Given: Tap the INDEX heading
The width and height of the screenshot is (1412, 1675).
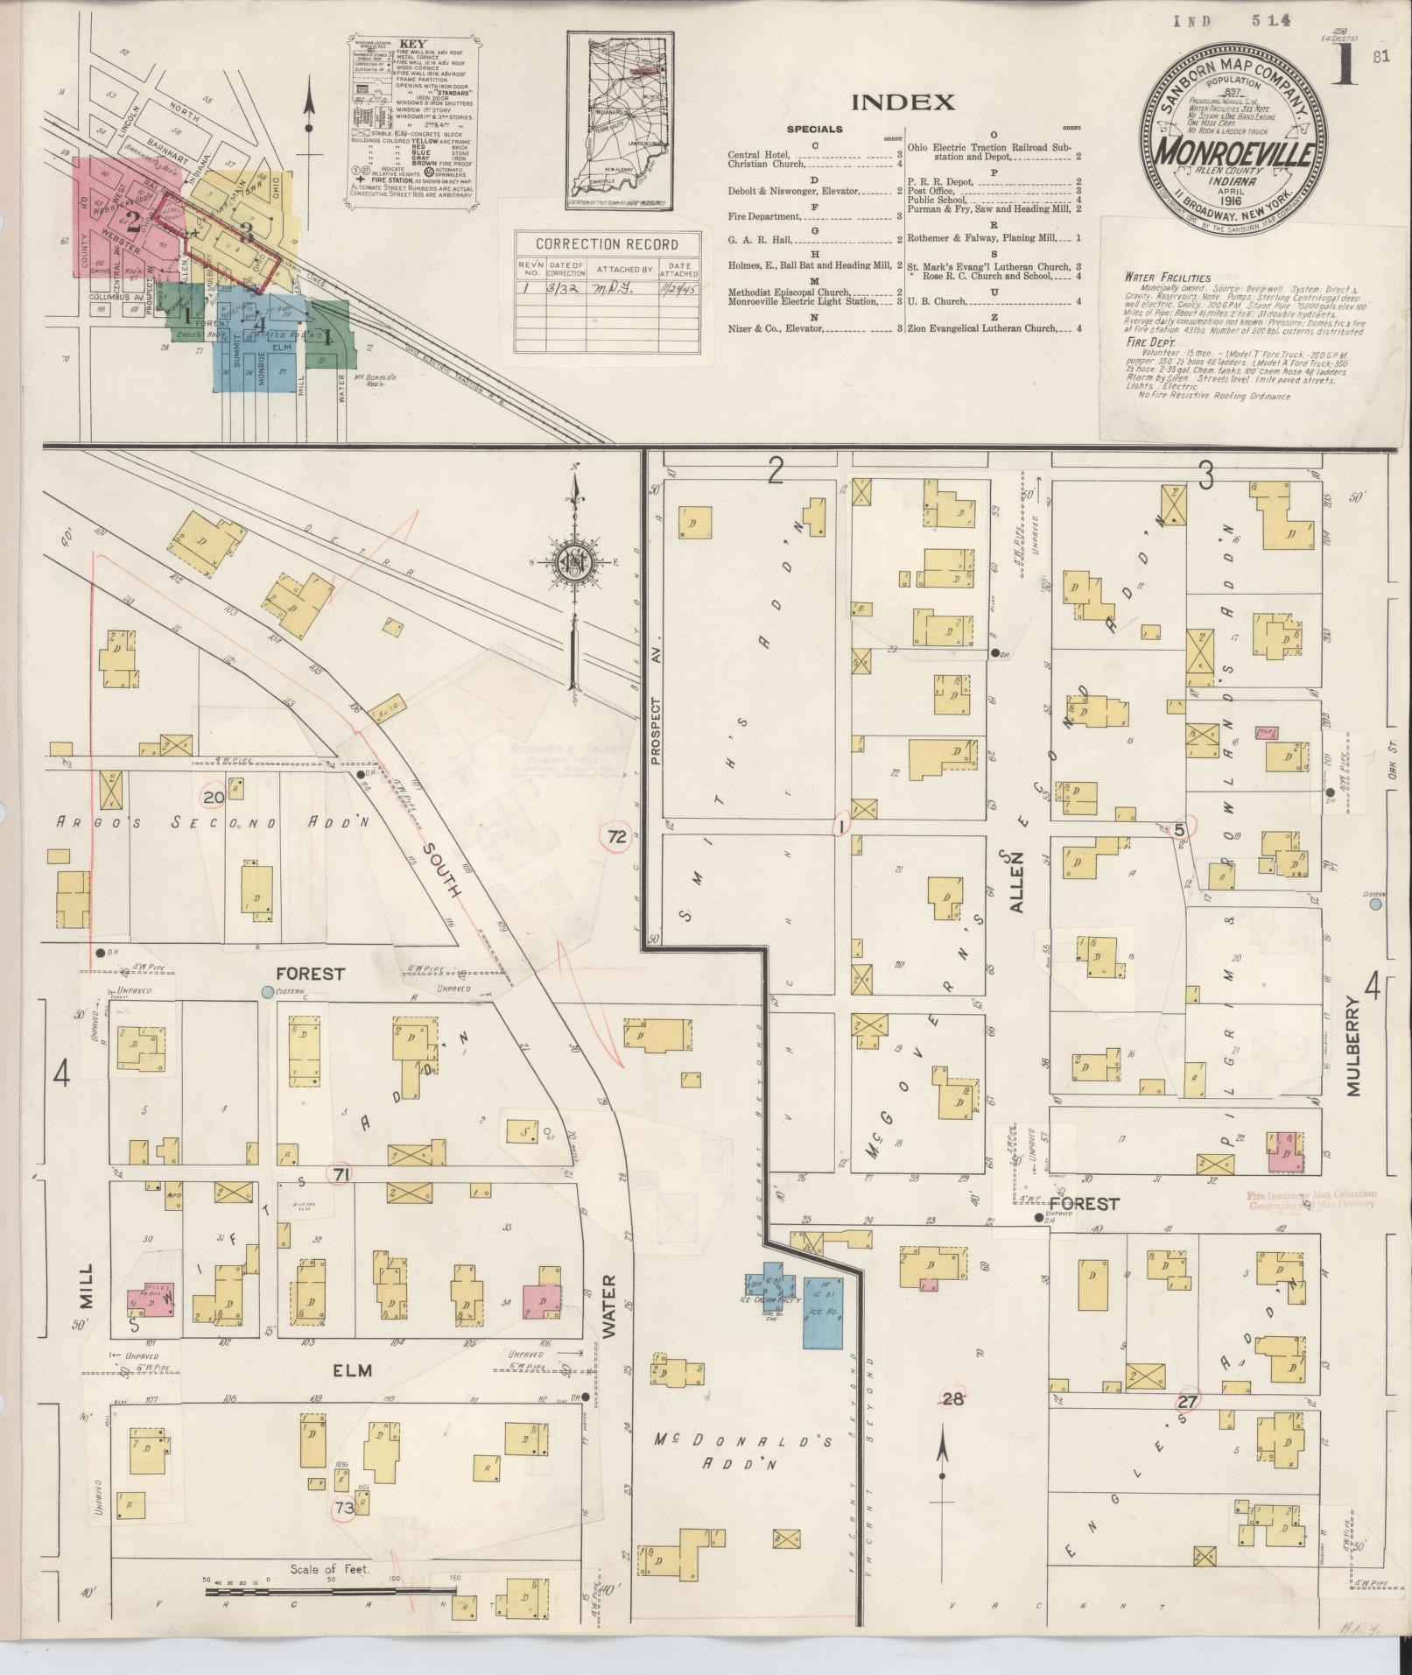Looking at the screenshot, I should (x=903, y=102).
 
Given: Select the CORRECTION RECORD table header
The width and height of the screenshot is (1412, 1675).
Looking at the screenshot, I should (x=607, y=244).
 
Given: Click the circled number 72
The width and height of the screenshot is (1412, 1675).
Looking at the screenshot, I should (x=617, y=837).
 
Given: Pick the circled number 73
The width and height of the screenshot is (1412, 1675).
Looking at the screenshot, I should (x=344, y=1508).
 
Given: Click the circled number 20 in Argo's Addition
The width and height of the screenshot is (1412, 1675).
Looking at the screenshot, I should (x=212, y=797).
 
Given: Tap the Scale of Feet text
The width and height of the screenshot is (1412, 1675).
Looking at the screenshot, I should (x=330, y=1569).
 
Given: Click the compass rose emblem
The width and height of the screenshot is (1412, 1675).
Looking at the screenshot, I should (x=573, y=566).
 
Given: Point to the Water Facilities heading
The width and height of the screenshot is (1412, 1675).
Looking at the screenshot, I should (x=1167, y=277).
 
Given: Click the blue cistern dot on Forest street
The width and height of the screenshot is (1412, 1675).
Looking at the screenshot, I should (x=267, y=991).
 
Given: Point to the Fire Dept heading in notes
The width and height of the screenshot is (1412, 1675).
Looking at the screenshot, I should (x=1149, y=342).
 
